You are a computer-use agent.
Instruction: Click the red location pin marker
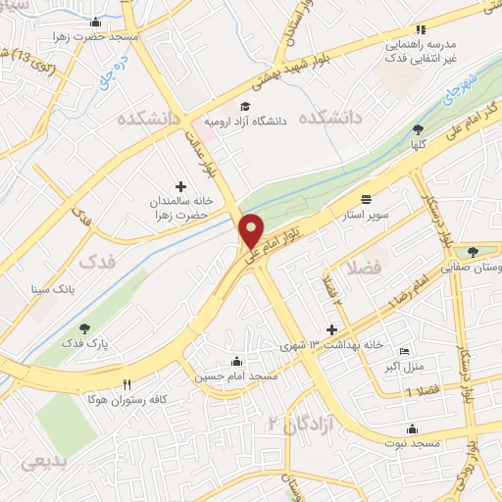click(252, 229)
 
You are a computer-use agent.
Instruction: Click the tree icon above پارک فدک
click(84, 328)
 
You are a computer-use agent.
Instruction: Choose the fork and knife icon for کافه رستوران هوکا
click(125, 383)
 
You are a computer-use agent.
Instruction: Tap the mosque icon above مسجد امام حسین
click(235, 359)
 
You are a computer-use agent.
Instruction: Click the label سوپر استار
click(367, 212)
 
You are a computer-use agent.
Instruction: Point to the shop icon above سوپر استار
click(367, 196)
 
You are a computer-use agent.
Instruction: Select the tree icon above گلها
click(419, 130)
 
